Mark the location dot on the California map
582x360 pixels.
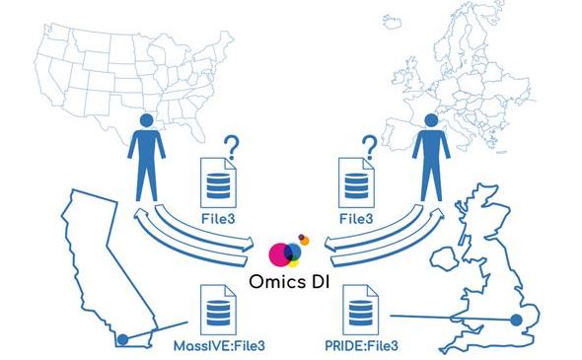[x=121, y=340]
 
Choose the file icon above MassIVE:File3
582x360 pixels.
[x=216, y=310]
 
